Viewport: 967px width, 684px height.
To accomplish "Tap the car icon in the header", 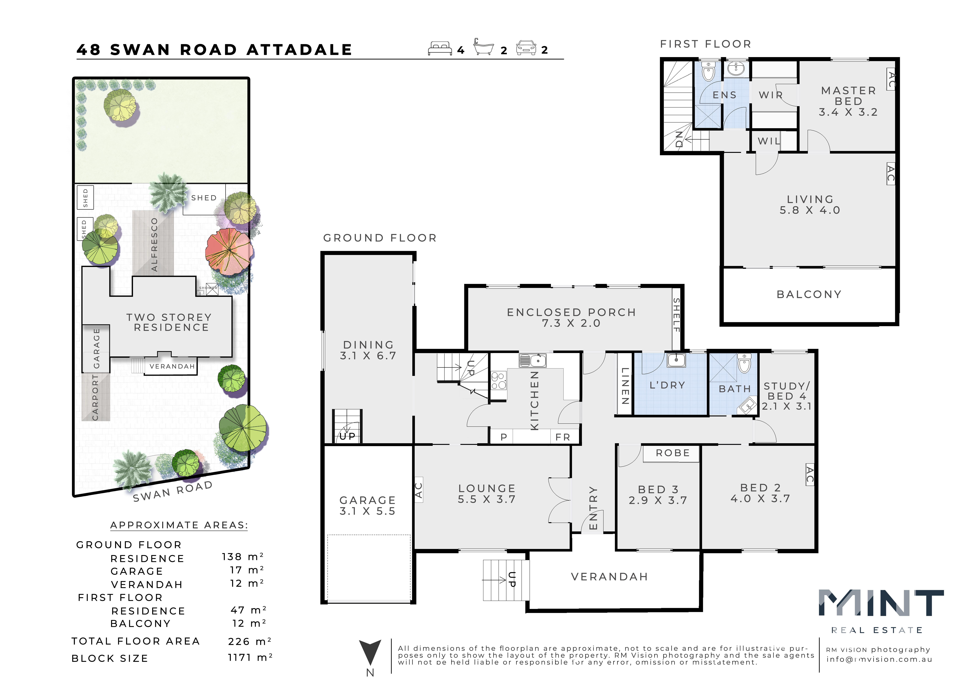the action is pyautogui.click(x=526, y=48).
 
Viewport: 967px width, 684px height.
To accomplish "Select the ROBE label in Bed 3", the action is pyautogui.click(x=673, y=453).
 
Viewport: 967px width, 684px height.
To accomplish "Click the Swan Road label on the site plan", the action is pyautogui.click(x=173, y=491).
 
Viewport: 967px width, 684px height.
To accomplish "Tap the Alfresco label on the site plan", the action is pyautogui.click(x=154, y=245).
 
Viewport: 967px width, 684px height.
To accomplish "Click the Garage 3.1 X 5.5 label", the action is pyautogui.click(x=368, y=505).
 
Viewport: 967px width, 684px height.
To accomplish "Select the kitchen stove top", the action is pyautogui.click(x=499, y=381).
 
